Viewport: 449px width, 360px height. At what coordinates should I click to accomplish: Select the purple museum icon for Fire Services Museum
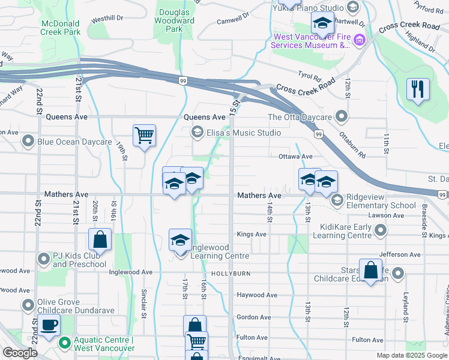coord(360,40)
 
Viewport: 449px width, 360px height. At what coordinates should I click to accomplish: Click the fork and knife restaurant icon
coord(418,89)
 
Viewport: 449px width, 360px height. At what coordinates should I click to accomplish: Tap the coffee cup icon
coord(49,325)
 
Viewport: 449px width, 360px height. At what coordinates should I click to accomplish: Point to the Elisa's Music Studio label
coord(244,133)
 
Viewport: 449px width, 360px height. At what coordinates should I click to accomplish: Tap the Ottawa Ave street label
coord(295,157)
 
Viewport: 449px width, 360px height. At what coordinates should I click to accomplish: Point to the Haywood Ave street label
coord(257,295)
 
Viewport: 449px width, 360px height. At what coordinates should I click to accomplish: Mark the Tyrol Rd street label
coord(310,76)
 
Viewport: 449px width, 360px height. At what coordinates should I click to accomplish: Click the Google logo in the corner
coord(20,353)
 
